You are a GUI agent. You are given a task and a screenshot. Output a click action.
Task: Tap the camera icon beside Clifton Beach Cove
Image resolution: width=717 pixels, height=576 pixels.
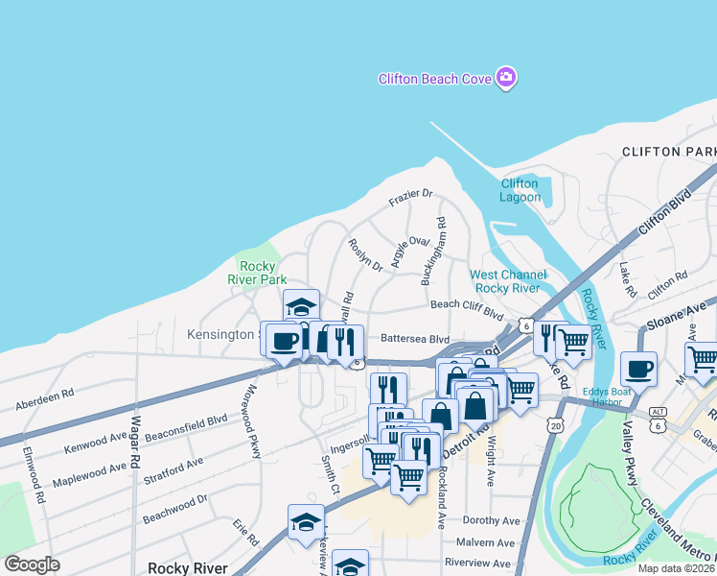pos(506,79)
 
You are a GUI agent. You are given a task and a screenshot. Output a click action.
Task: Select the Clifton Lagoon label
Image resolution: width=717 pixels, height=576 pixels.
pos(520,190)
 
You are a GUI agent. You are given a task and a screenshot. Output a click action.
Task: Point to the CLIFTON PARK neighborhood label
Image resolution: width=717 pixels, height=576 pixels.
pos(668,152)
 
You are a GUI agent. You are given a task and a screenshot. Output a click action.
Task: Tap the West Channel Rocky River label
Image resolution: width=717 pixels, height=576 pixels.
pos(508,281)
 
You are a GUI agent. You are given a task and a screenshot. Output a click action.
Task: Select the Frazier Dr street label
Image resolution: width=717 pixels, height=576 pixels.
pos(410,197)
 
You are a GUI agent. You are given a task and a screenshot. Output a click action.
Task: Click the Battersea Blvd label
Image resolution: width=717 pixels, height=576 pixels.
pos(414,339)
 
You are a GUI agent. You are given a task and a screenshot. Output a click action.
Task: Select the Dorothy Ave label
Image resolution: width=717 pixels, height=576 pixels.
pos(491,520)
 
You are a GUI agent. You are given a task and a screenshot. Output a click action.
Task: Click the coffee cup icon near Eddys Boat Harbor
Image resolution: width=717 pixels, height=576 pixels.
pos(638,368)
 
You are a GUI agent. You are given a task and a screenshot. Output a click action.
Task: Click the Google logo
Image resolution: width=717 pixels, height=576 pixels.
pos(32,564)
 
